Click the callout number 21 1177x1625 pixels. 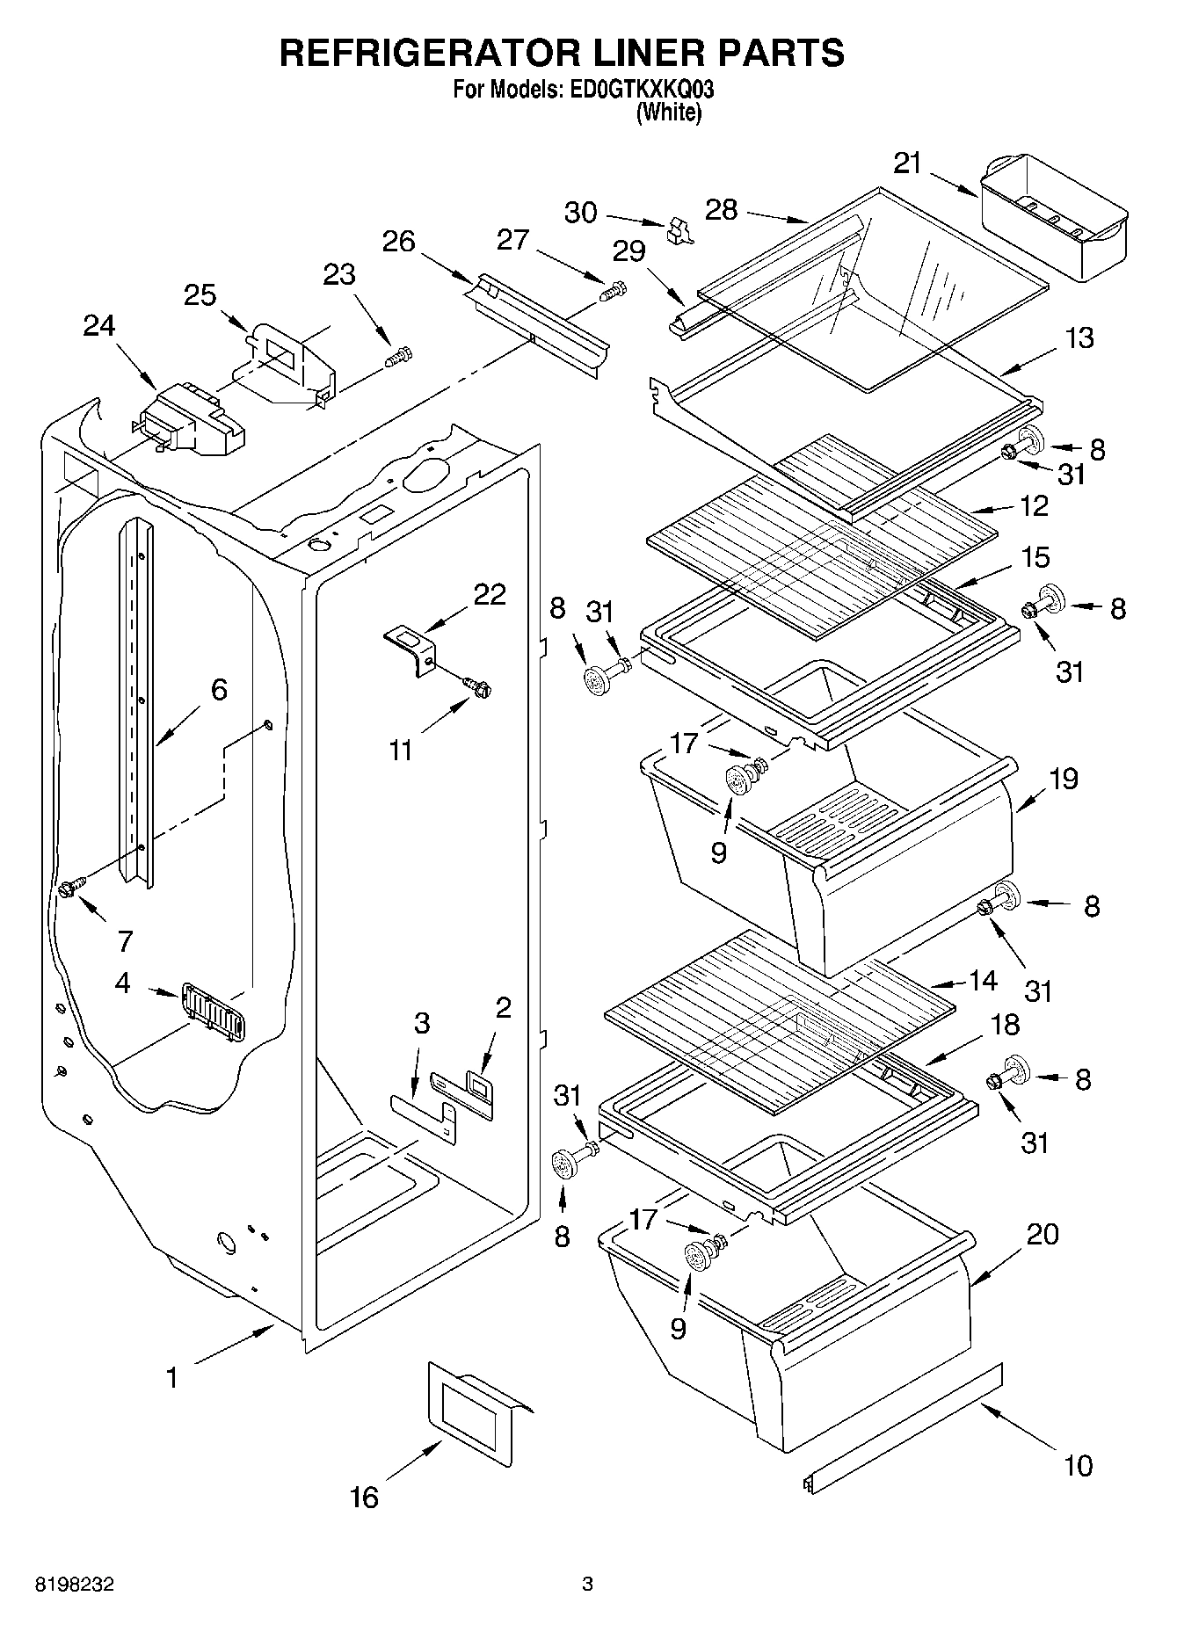[x=908, y=163]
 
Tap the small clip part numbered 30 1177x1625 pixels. [x=678, y=229]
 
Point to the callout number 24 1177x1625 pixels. [x=98, y=326]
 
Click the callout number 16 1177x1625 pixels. [x=364, y=1497]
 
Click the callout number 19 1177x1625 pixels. [x=1064, y=779]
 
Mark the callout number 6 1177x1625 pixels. [x=219, y=689]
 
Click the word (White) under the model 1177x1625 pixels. [x=668, y=112]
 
